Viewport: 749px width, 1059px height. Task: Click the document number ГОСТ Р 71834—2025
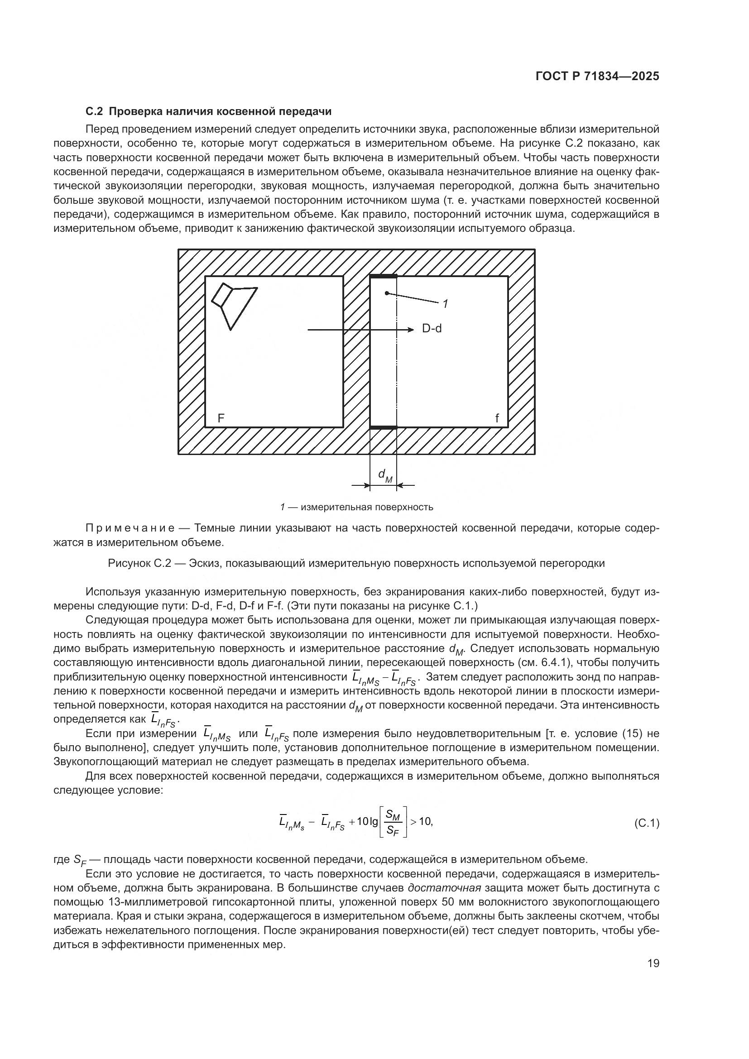click(597, 77)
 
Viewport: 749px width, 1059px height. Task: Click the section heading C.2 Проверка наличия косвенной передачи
click(209, 112)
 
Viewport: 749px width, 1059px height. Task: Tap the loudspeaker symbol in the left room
click(233, 305)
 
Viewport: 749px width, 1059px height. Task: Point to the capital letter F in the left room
click(221, 418)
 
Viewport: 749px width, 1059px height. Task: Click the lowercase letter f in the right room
click(497, 418)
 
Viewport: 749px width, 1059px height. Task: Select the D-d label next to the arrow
click(432, 329)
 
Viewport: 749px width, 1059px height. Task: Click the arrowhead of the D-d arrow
click(409, 329)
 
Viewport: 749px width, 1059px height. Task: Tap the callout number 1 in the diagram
click(445, 304)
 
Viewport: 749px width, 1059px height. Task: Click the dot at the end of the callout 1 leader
click(387, 293)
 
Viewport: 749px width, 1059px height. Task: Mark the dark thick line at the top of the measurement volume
click(383, 276)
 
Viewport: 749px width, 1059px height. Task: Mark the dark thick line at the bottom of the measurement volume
click(383, 427)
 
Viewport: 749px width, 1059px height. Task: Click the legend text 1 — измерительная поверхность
click(356, 508)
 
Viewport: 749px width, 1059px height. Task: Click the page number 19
click(653, 963)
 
